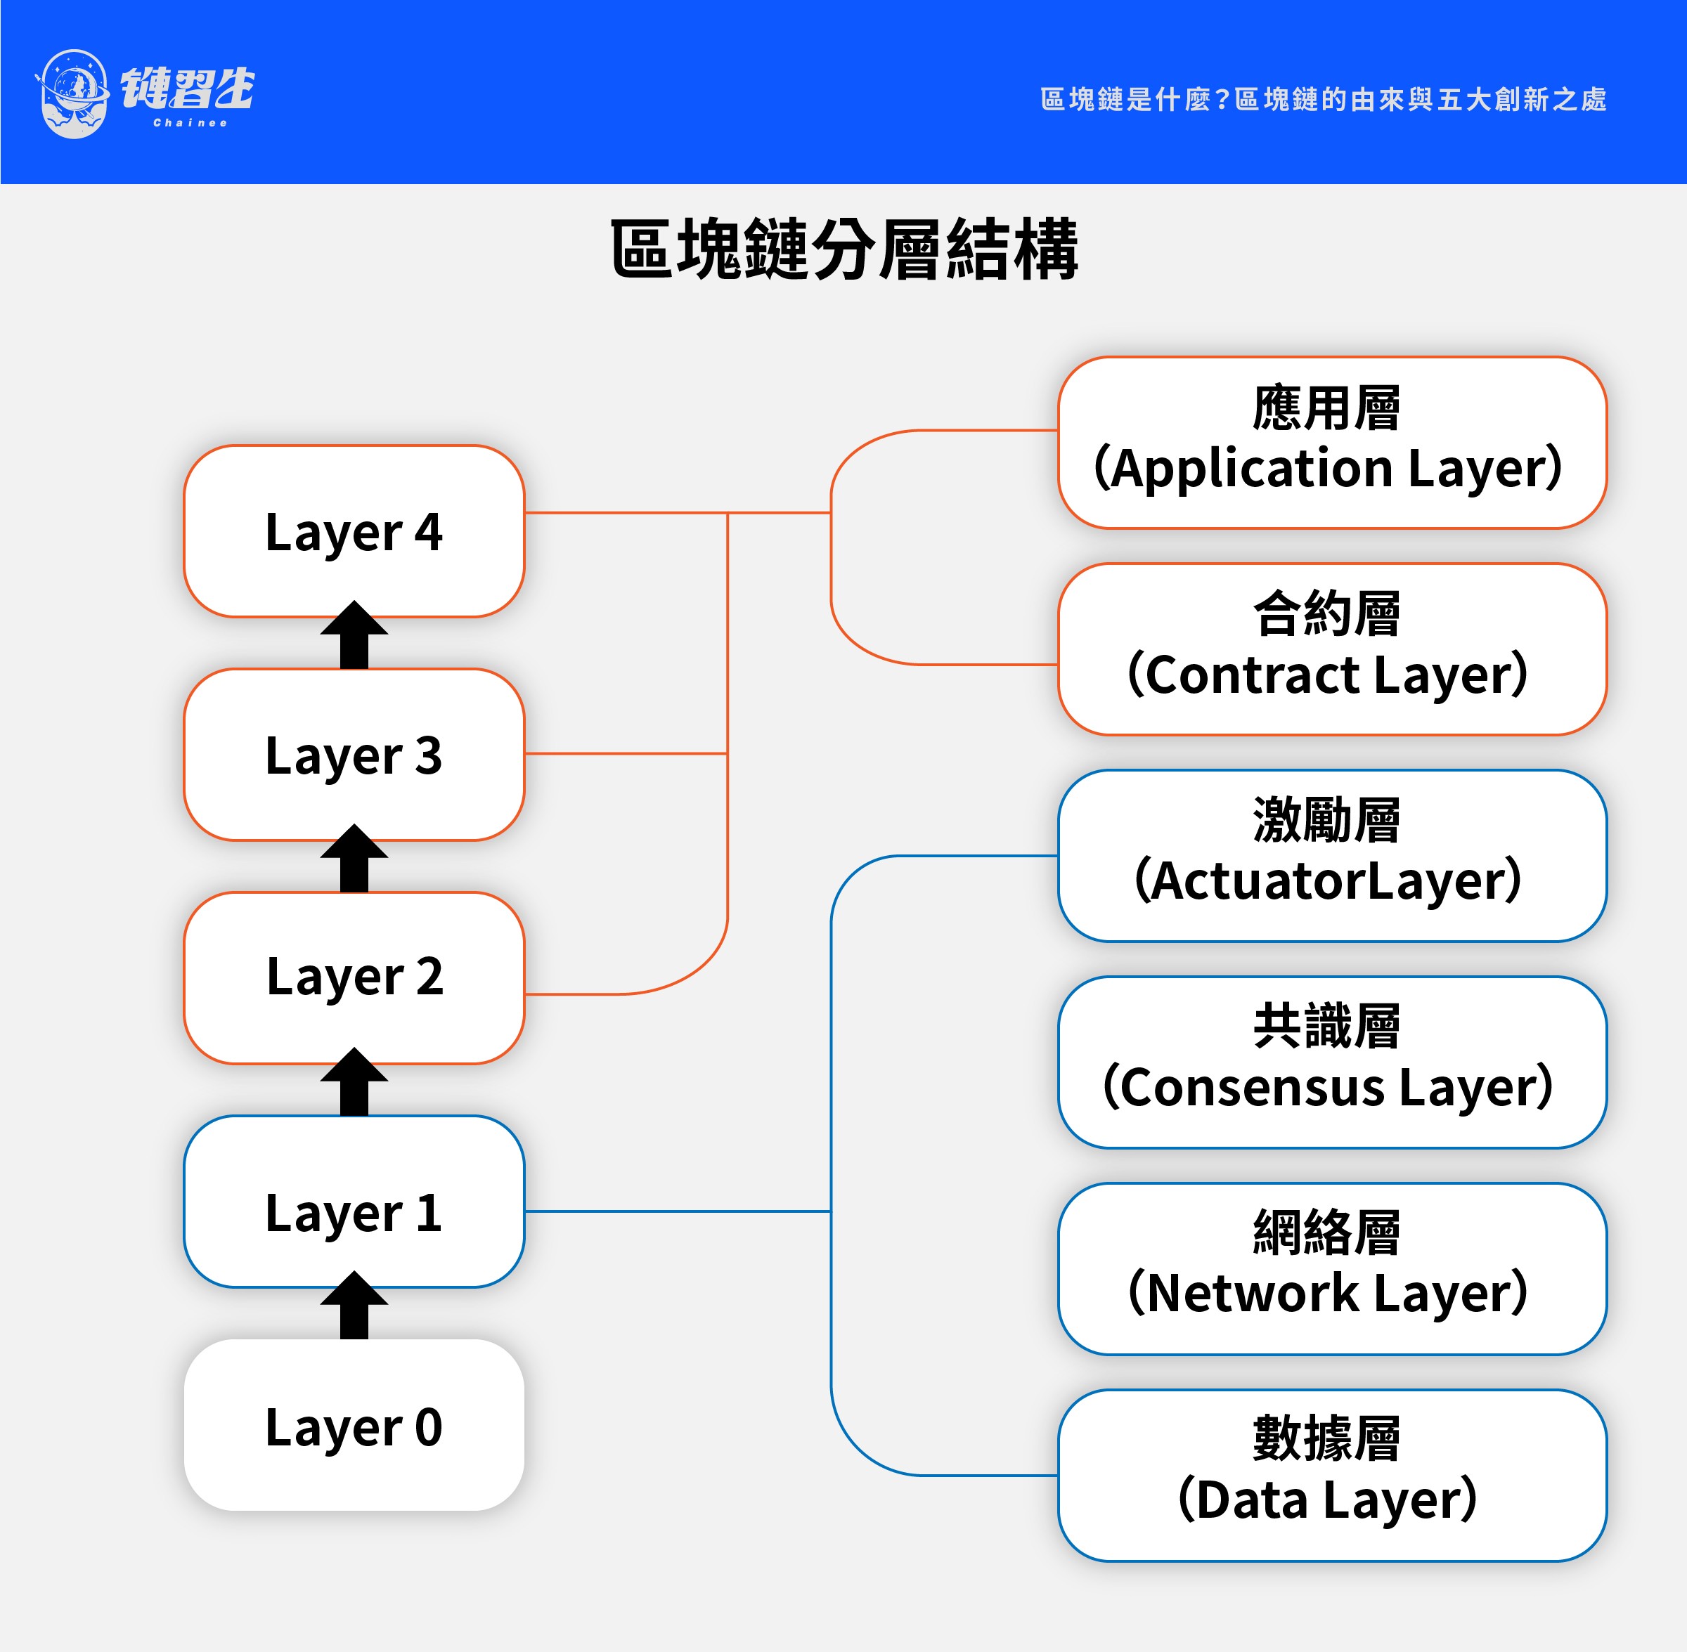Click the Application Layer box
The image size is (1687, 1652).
click(x=1331, y=443)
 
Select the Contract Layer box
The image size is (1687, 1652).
click(x=1331, y=649)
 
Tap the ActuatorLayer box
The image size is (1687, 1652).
click(x=1331, y=855)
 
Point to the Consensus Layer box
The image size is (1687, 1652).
click(x=1331, y=1062)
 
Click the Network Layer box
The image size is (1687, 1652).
click(x=1331, y=1268)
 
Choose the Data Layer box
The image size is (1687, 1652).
click(x=1331, y=1475)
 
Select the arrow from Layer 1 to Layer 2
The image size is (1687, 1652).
click(x=354, y=1083)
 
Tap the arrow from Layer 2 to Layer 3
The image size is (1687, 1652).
click(x=354, y=859)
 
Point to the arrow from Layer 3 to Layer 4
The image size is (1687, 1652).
click(x=354, y=636)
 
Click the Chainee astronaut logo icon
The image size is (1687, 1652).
click(x=74, y=93)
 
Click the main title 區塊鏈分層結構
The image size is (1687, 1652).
click(x=843, y=250)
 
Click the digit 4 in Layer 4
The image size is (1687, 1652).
click(x=428, y=531)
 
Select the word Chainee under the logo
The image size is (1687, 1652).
click(x=190, y=123)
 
